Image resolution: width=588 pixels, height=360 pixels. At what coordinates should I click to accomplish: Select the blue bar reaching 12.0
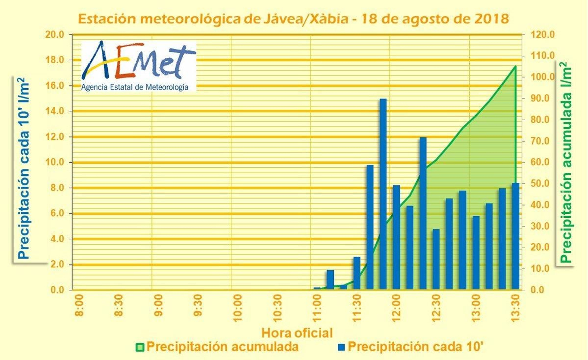[x=423, y=213]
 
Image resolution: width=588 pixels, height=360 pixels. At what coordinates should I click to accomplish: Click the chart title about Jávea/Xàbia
[x=293, y=18]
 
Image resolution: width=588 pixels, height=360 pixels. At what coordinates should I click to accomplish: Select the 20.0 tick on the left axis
[x=54, y=35]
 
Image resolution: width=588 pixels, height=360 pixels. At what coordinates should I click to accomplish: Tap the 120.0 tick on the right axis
[x=542, y=35]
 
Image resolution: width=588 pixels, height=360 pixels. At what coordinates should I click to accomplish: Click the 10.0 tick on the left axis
[x=54, y=163]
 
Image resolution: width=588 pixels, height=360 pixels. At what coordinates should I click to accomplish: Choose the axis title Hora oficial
[x=297, y=333]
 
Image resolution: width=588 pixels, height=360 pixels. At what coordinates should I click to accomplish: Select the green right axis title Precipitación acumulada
[x=566, y=162]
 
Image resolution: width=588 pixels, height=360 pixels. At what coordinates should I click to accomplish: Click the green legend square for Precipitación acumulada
[x=140, y=347]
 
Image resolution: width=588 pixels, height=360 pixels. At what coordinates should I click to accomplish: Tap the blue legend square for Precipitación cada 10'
[x=341, y=347]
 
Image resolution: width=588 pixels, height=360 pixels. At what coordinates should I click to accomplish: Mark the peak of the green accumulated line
[x=516, y=66]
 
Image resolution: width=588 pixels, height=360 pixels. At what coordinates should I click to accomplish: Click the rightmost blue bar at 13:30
[x=516, y=236]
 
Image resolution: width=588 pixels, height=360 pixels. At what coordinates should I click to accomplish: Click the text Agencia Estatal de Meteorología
[x=135, y=87]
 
